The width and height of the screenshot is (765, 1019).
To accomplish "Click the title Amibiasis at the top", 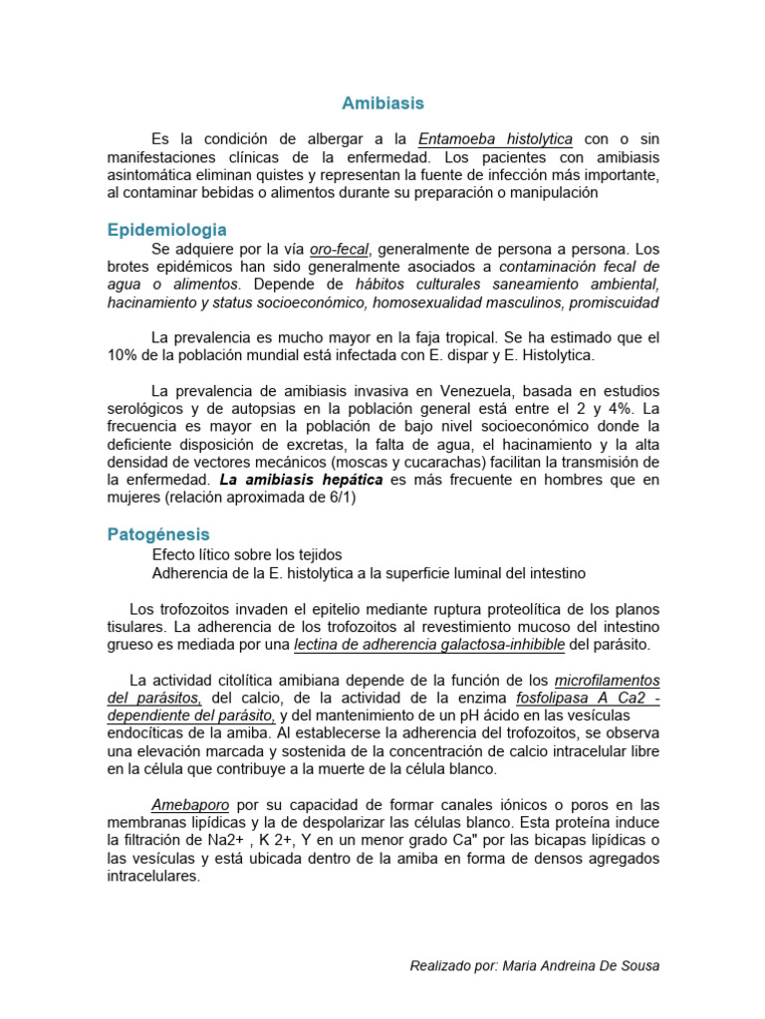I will [382, 103].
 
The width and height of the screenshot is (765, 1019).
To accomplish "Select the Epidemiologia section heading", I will [166, 230].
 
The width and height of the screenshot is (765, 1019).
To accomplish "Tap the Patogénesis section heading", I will [158, 534].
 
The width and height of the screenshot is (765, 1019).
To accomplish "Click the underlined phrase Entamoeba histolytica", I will [495, 139].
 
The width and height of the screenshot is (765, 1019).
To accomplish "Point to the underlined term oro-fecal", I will [338, 249].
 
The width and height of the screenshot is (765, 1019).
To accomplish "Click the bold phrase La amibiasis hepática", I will [302, 480].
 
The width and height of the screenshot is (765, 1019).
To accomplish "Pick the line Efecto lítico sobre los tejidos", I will [247, 554].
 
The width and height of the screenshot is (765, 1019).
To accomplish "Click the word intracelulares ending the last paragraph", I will [153, 877].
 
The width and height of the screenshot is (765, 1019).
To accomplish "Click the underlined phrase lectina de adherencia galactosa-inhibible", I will [429, 645].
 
